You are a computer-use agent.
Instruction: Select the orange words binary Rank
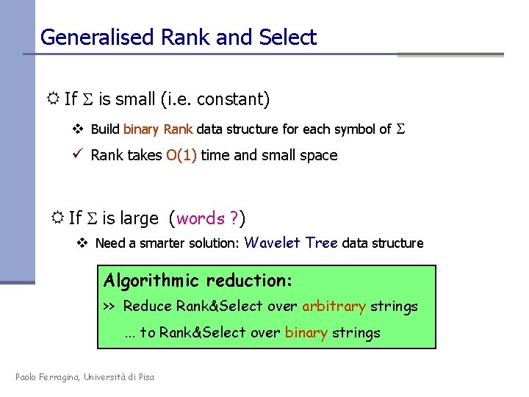point(157,129)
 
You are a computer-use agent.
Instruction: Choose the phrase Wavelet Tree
point(291,243)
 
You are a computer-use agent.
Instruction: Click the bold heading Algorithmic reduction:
point(198,280)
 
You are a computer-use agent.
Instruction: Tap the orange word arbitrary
point(333,307)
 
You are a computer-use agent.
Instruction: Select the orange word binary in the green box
point(306,333)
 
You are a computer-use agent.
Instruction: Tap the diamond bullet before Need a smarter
point(84,243)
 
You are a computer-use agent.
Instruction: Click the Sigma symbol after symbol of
point(401,129)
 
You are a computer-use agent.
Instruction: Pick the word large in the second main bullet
point(140,218)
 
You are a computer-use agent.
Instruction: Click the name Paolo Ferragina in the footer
point(48,377)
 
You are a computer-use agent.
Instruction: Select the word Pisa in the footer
point(145,377)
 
